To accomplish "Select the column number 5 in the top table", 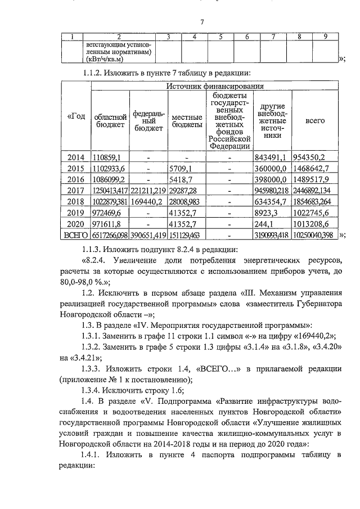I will (x=220, y=37).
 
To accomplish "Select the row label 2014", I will (x=75, y=157).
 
